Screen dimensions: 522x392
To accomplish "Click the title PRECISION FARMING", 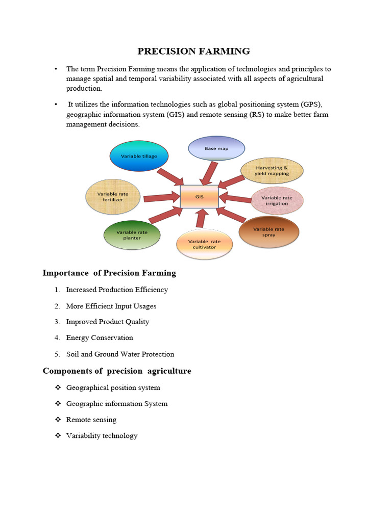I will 193,51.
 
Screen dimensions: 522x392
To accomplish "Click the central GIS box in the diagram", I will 199,196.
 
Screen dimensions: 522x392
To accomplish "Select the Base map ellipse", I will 216,148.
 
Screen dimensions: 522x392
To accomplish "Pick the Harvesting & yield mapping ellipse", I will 272,170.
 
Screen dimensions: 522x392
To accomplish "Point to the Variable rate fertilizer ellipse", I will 113,197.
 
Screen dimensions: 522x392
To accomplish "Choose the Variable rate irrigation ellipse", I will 277,200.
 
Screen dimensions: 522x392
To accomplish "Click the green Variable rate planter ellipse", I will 132,235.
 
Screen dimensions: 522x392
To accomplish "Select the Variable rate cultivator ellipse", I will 204,244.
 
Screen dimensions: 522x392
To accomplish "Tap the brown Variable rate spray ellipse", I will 268,232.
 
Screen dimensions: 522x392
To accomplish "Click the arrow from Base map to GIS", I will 209,173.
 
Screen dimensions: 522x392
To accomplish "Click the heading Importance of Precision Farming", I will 109,273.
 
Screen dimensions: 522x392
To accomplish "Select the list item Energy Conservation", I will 100,337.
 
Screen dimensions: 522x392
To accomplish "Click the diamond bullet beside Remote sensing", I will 58,420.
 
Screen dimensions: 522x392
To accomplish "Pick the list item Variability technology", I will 102,435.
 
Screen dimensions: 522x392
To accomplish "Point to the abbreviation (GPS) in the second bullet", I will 311,105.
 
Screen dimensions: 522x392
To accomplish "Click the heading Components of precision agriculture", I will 117,371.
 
